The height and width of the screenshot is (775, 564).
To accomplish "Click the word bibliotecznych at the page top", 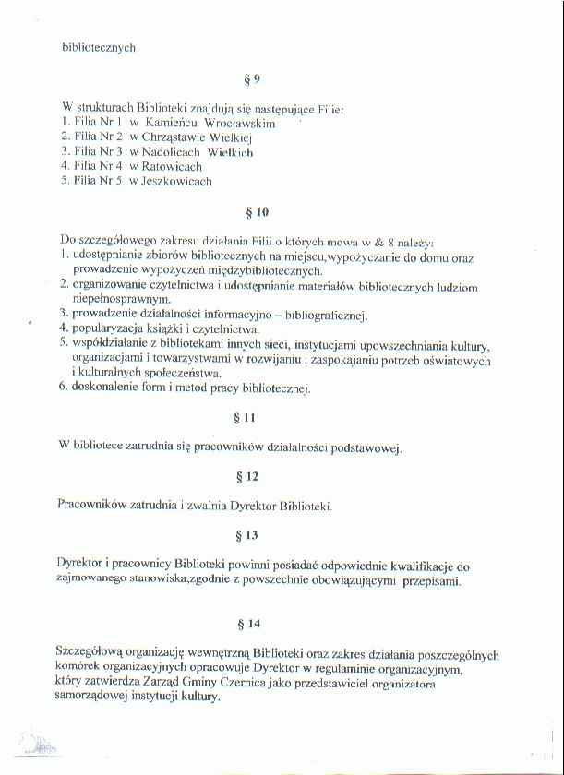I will [x=99, y=47].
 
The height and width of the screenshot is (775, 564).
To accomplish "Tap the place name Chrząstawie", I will [x=195, y=137].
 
